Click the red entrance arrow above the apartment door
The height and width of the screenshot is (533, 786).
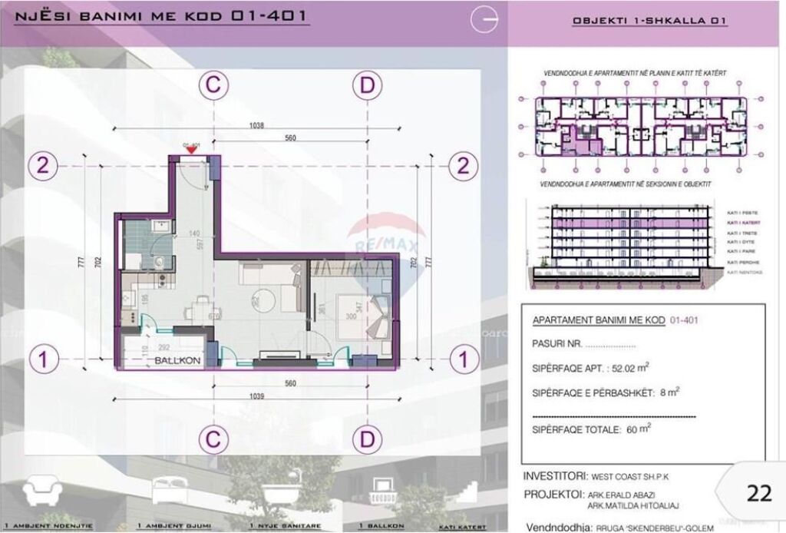click(x=190, y=150)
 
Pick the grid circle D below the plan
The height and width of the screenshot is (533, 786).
click(x=368, y=439)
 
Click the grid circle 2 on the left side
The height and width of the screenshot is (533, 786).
click(x=45, y=165)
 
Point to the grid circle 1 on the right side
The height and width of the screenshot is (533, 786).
click(x=462, y=358)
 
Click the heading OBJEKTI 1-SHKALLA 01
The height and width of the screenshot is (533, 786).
click(x=649, y=22)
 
